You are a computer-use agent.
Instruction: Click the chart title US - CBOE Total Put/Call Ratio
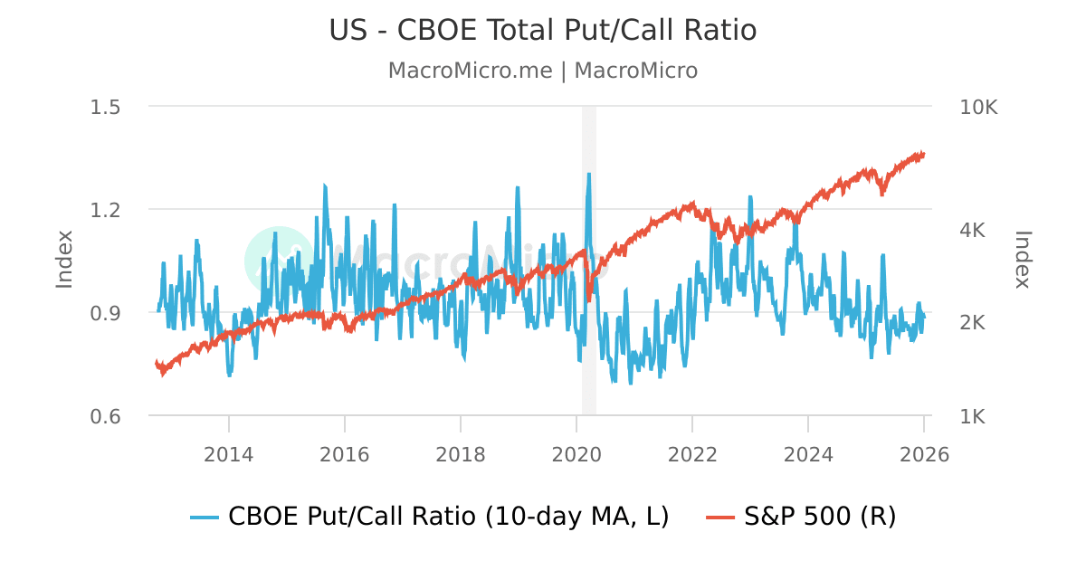pos(542,31)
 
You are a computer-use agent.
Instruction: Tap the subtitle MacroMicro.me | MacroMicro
pos(542,71)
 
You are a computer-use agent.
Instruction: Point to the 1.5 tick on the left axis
pos(106,107)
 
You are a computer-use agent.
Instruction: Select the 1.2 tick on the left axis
pos(106,210)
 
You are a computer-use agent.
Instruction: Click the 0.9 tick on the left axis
pos(106,313)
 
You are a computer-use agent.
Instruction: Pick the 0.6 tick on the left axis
pos(106,416)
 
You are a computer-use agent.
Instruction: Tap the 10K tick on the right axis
pos(978,107)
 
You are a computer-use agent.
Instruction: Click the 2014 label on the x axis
pos(229,454)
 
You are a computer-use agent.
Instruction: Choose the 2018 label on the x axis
pos(461,454)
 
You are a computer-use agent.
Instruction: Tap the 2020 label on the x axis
pos(576,454)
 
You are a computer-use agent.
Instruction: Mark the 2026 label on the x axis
pos(924,454)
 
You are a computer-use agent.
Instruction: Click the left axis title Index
pos(64,260)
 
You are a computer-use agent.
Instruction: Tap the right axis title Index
pos(1023,260)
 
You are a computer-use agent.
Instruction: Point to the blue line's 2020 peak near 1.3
pos(589,174)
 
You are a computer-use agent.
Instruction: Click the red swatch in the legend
pos(720,518)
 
